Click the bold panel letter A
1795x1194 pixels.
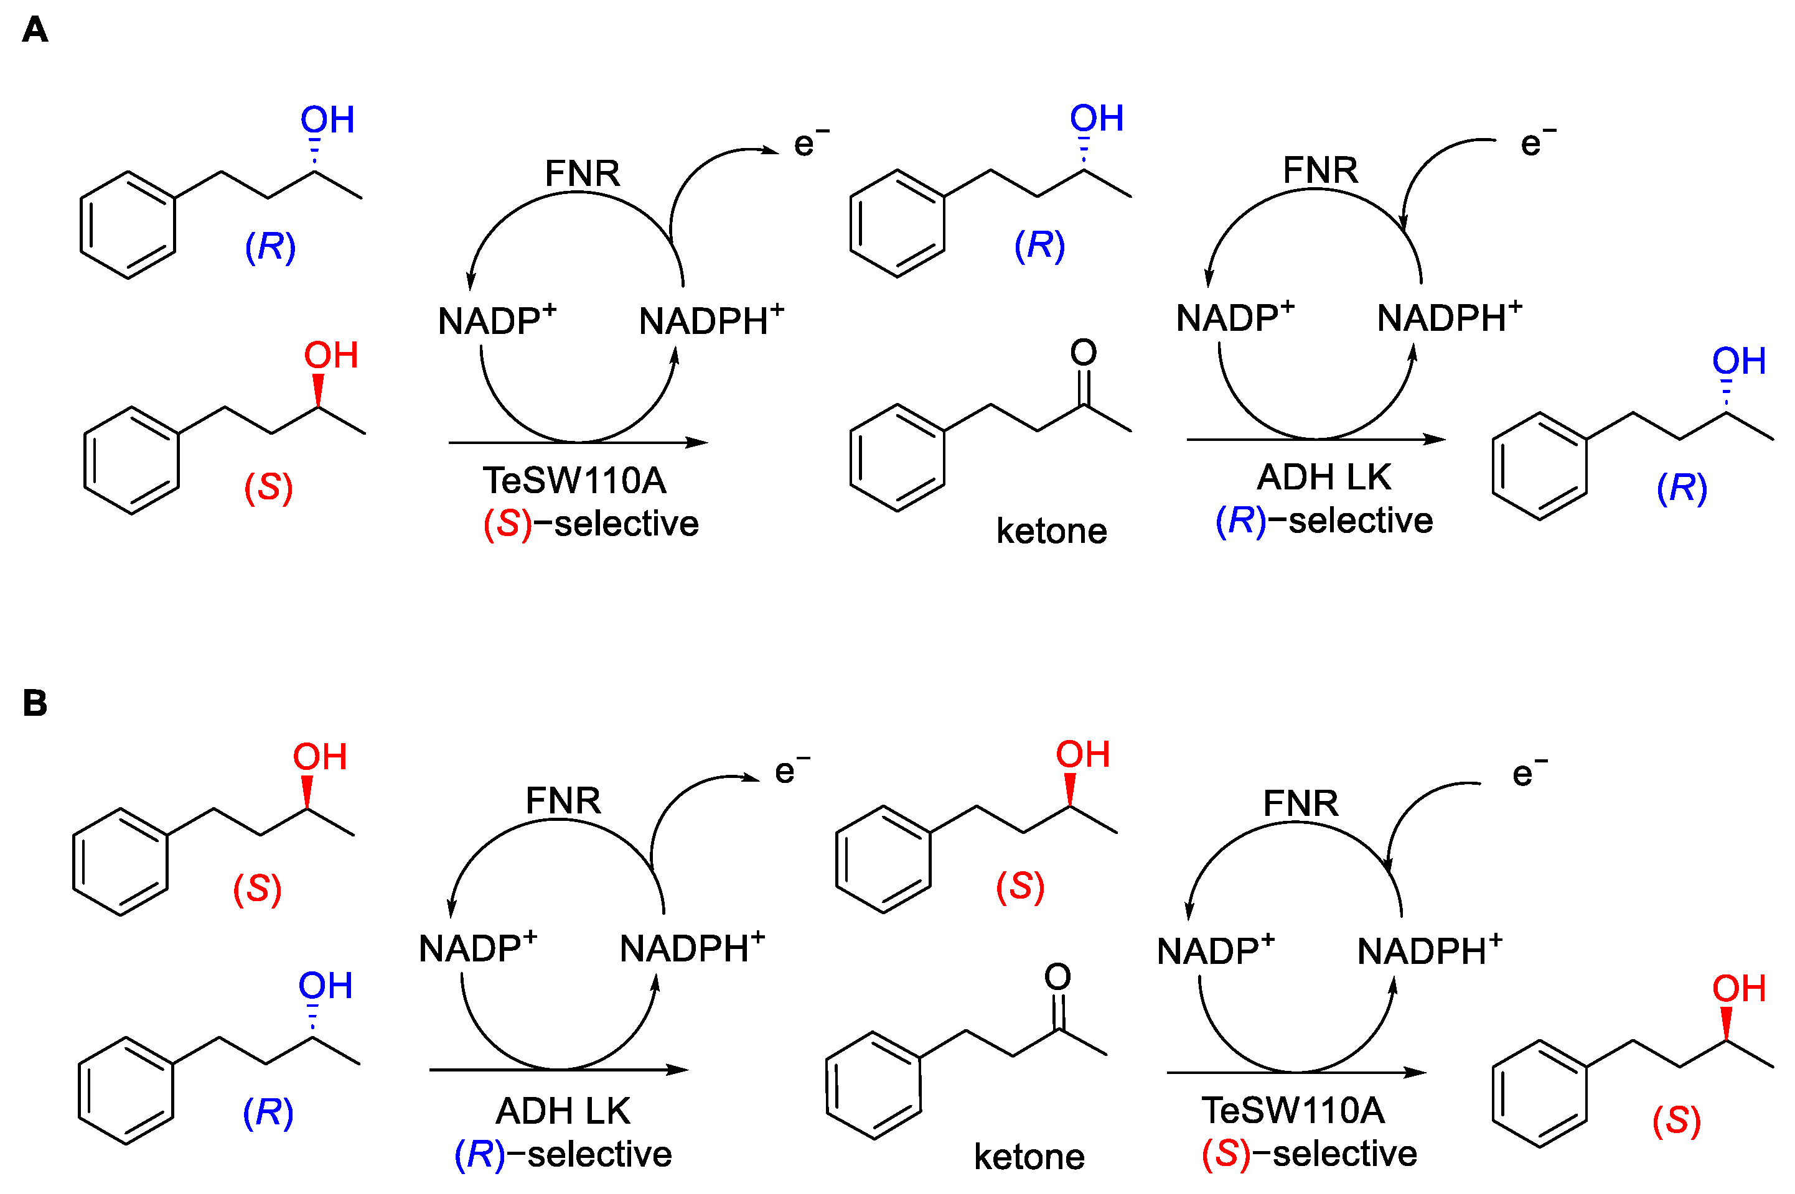35,30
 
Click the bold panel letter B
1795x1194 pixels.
35,703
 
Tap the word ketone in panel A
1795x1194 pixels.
1051,530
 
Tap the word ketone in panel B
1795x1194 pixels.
1029,1157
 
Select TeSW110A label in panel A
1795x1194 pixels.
574,481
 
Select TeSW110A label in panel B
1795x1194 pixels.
1292,1110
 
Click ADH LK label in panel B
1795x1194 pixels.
563,1111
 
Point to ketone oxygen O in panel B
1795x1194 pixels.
1057,977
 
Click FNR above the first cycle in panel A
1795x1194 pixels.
582,173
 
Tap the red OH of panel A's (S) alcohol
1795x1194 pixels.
330,356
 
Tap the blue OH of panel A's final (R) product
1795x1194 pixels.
1738,361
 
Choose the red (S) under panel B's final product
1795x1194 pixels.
1676,1120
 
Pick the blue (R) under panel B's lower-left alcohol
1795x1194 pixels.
268,1113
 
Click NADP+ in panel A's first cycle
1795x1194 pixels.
496,321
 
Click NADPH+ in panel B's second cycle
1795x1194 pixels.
1428,950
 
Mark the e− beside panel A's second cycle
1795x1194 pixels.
1537,143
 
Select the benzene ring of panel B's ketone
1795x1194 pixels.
874,1085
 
